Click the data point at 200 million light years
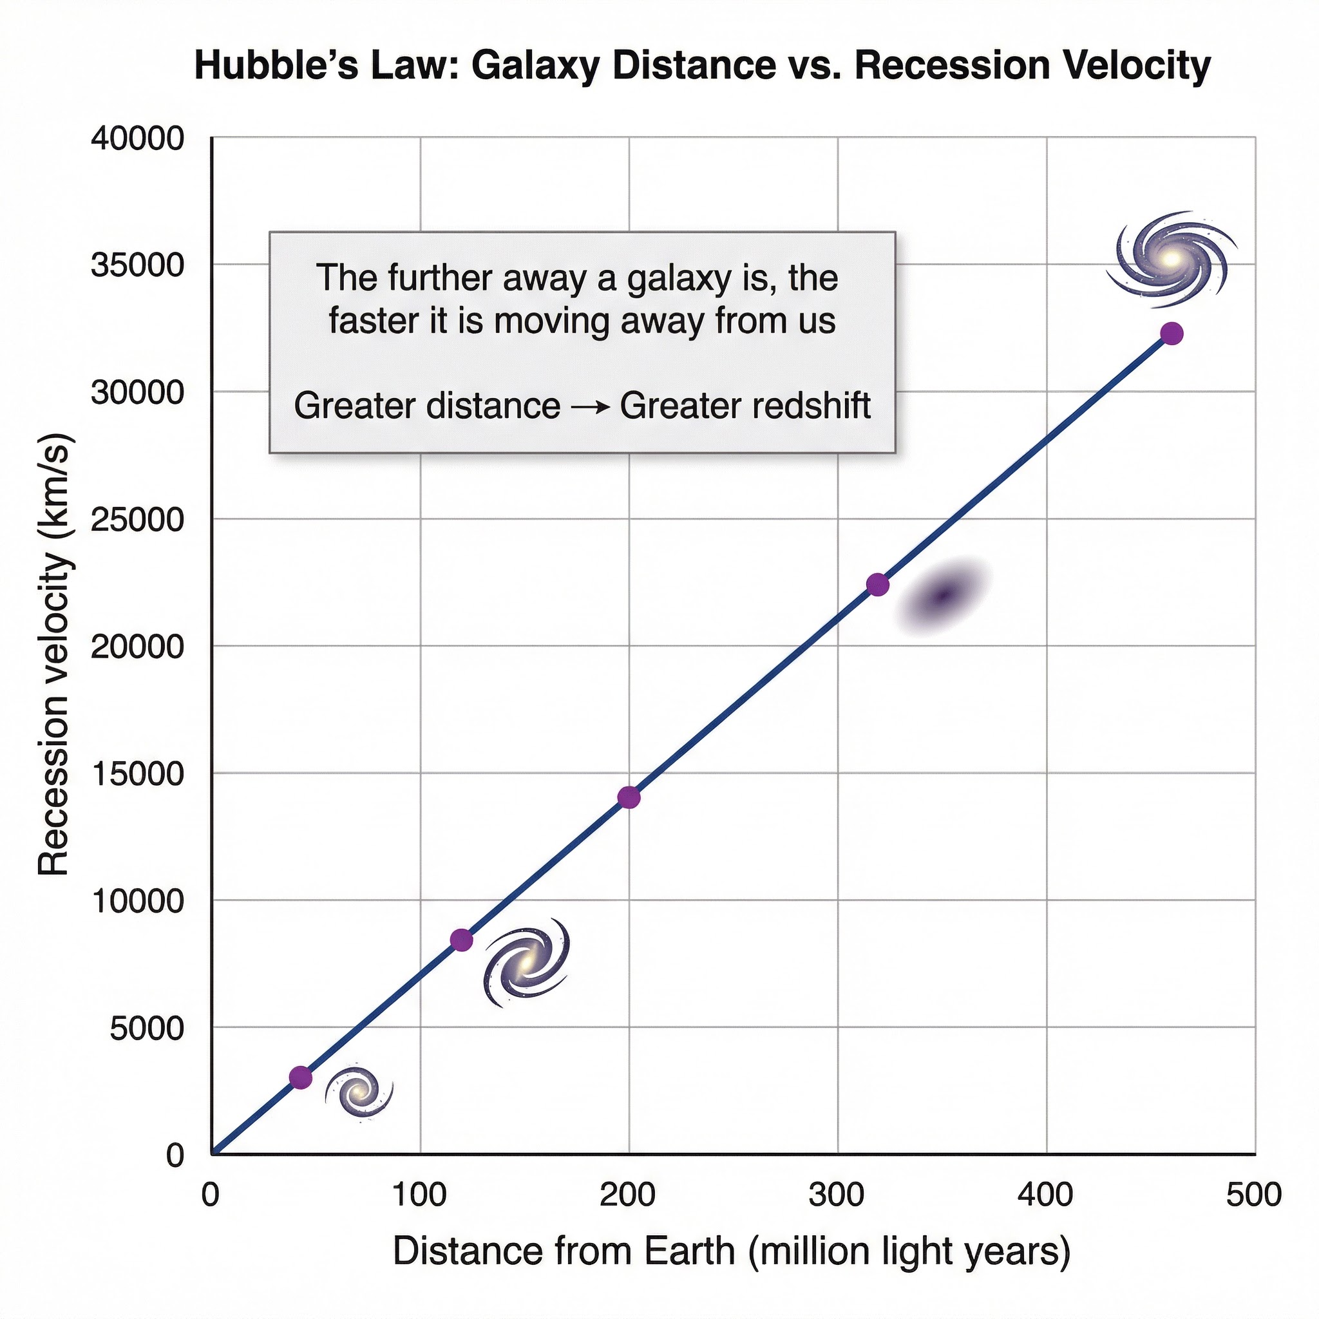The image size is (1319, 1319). pyautogui.click(x=629, y=797)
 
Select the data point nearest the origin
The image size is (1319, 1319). pyautogui.click(x=300, y=1077)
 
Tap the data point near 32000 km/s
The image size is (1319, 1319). pyautogui.click(x=1172, y=334)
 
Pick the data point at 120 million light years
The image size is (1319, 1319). pyautogui.click(x=462, y=940)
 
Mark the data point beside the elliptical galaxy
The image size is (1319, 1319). pyautogui.click(x=878, y=584)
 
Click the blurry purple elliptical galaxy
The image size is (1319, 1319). pyautogui.click(x=943, y=596)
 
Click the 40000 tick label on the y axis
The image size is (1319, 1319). pyautogui.click(x=138, y=138)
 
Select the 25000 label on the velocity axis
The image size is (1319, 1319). pyautogui.click(x=138, y=520)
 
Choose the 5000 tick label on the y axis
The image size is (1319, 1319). pyautogui.click(x=147, y=1028)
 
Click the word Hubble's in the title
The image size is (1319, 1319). pyautogui.click(x=276, y=66)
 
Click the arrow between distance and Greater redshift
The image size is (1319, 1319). pyautogui.click(x=590, y=408)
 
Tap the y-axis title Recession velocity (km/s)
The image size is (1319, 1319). pyautogui.click(x=55, y=656)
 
